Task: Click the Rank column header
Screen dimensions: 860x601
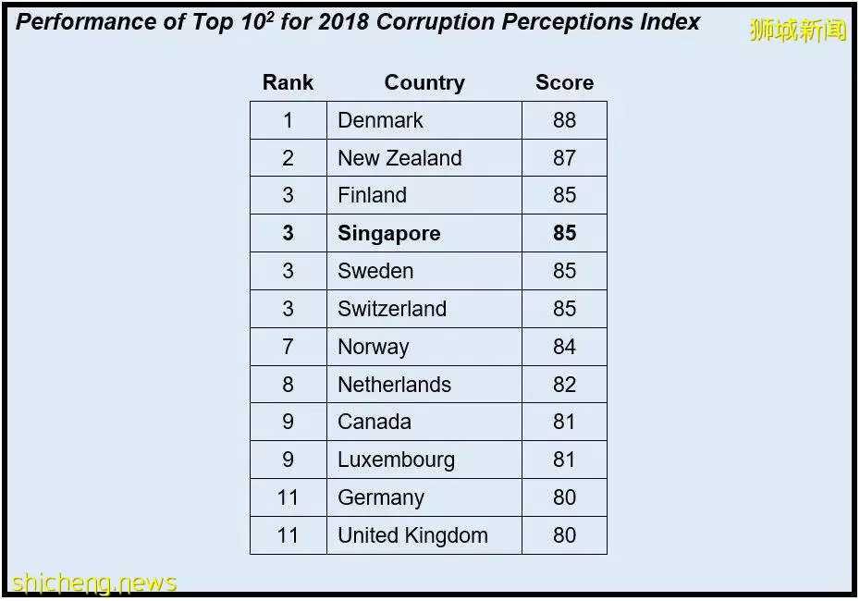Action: [x=288, y=82]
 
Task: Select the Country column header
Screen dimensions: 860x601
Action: [x=424, y=83]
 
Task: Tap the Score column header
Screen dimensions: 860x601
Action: [x=564, y=82]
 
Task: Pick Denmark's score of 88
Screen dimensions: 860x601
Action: [x=564, y=120]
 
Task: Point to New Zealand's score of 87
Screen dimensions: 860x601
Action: [x=564, y=158]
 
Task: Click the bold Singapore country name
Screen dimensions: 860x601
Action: [x=389, y=234]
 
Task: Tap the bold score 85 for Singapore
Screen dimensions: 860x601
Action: [x=564, y=233]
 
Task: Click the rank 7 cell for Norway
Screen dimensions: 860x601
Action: [x=288, y=347]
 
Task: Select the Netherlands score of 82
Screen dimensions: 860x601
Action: [x=564, y=385]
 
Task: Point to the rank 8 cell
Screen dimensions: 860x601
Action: [x=288, y=385]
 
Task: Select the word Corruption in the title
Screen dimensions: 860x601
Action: [x=436, y=23]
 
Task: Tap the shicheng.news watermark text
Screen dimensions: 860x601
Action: [x=93, y=583]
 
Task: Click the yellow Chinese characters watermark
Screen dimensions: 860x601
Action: [x=798, y=30]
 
